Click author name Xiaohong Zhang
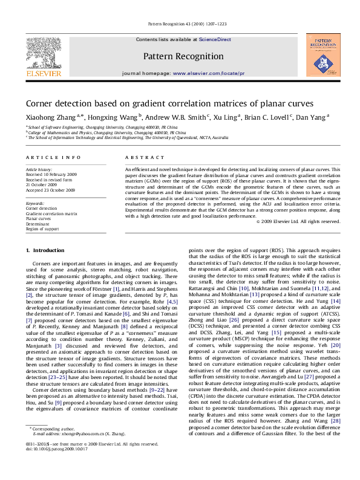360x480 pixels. pyautogui.click(x=43, y=118)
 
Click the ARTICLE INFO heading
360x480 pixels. pyautogui.click(x=45, y=157)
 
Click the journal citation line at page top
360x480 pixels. pyautogui.click(x=180, y=24)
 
